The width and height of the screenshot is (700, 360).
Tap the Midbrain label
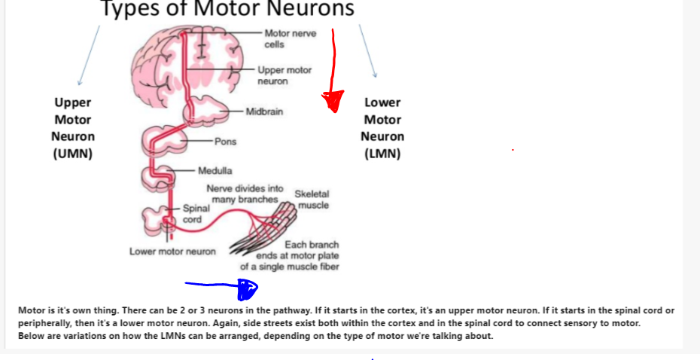264,112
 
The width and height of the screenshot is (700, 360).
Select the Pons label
225,142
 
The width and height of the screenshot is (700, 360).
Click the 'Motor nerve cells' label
290,38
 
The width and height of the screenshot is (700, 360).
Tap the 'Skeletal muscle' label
312,200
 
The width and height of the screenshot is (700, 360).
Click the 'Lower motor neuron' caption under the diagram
172,252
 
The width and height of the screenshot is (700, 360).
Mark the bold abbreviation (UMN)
73,154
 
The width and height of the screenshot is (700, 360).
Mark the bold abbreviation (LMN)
382,154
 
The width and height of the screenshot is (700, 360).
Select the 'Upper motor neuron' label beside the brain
284,75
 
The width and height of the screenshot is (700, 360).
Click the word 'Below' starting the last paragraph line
31,336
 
